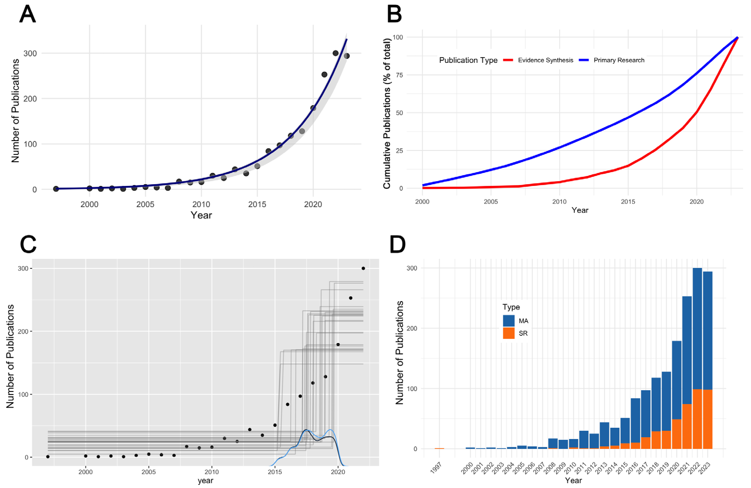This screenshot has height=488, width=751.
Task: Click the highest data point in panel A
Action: pos(335,53)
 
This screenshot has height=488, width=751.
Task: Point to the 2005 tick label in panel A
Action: pos(145,204)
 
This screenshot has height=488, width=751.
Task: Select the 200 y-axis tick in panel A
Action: pos(30,99)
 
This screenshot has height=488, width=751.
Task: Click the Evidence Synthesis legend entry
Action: pos(538,60)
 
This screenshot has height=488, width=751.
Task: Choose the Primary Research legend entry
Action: pos(611,60)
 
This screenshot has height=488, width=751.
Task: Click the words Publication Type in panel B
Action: pos(468,60)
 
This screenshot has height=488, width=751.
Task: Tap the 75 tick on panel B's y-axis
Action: pos(399,75)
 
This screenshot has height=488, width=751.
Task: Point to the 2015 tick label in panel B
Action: pos(628,202)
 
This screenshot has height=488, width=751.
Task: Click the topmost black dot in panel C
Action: pos(363,268)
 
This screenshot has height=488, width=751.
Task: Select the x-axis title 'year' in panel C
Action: pos(205,480)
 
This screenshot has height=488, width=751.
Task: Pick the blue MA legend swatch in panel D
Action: pos(509,321)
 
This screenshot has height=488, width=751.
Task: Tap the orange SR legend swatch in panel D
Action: pos(509,333)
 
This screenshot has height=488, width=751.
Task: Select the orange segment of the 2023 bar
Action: pos(707,419)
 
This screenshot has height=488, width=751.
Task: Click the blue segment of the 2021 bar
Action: pos(687,350)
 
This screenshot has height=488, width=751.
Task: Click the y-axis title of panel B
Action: pos(387,114)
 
